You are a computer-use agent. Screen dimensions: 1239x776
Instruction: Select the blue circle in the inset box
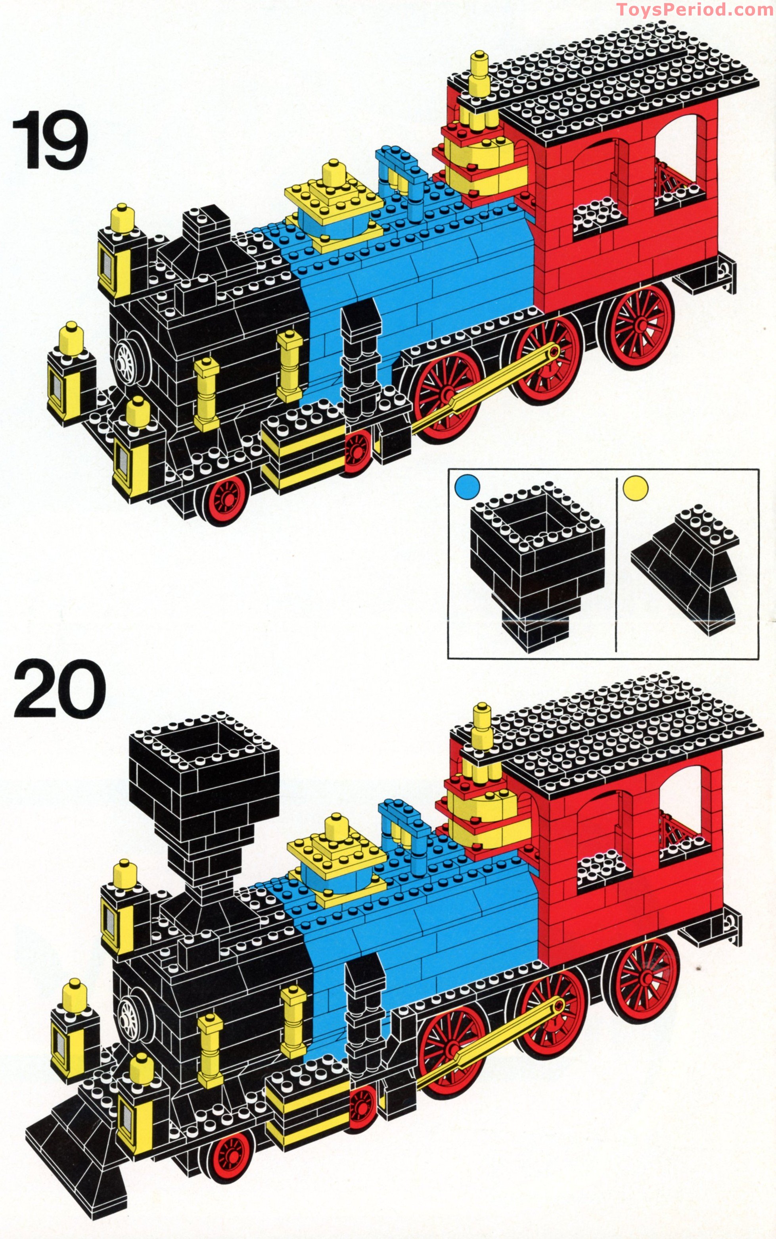467,486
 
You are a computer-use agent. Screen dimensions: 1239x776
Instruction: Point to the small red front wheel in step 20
230,1155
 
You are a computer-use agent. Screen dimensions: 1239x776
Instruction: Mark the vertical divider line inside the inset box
616,565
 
